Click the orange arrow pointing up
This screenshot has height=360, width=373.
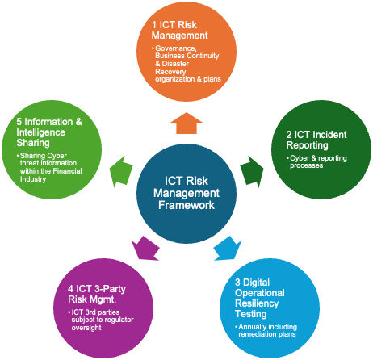pyautogui.click(x=186, y=123)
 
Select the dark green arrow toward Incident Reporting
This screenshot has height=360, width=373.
pyautogui.click(x=252, y=172)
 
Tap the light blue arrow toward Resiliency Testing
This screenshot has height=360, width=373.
pyautogui.click(x=228, y=249)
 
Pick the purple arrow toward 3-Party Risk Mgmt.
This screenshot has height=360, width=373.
pyautogui.click(x=145, y=249)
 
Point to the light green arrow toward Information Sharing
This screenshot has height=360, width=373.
pyautogui.click(x=121, y=171)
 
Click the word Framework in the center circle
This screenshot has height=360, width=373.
pyautogui.click(x=186, y=205)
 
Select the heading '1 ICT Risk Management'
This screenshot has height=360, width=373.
pyautogui.click(x=179, y=30)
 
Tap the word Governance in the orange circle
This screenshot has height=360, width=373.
pyautogui.click(x=176, y=48)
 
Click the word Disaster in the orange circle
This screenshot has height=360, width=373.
pyautogui.click(x=175, y=64)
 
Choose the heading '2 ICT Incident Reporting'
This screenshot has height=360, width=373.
pyautogui.click(x=316, y=140)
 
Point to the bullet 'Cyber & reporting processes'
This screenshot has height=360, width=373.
pyautogui.click(x=318, y=161)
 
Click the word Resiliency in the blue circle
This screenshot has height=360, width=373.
pyautogui.click(x=257, y=303)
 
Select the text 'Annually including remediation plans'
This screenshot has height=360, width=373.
pyautogui.click(x=267, y=330)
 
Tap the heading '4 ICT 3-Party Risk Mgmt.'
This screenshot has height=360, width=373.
pyautogui.click(x=97, y=294)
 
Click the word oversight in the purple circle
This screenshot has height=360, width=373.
pyautogui.click(x=86, y=328)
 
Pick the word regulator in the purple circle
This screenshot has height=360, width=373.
pyautogui.click(x=119, y=320)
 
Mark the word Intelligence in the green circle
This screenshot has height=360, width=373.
pyautogui.click(x=41, y=132)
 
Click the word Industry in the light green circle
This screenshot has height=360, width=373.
pyautogui.click(x=33, y=179)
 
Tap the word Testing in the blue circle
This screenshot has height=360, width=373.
pyautogui.click(x=251, y=314)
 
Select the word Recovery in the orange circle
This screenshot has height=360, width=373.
pyautogui.click(x=170, y=72)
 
